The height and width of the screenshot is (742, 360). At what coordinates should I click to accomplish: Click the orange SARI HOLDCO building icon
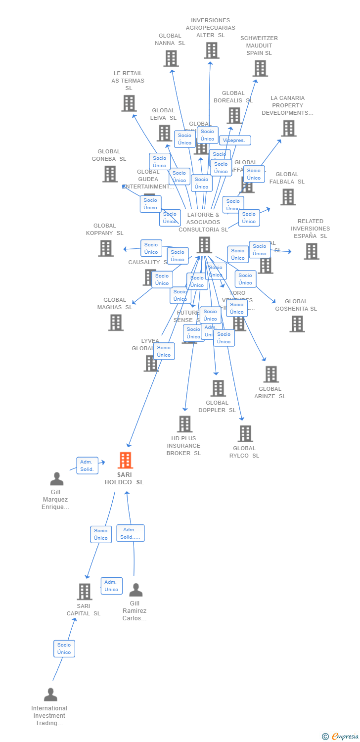(x=125, y=461)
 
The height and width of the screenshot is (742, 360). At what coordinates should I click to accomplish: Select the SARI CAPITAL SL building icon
(x=85, y=592)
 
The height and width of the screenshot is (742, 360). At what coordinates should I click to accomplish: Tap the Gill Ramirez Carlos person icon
(x=135, y=590)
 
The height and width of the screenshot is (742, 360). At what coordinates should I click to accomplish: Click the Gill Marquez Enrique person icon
(x=57, y=479)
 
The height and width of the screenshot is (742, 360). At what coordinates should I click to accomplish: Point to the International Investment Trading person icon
(x=50, y=695)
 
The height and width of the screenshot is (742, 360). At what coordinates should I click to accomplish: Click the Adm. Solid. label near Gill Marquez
(x=87, y=465)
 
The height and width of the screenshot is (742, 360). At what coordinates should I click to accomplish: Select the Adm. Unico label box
(x=111, y=586)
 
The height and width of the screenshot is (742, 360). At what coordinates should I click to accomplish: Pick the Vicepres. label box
(x=234, y=140)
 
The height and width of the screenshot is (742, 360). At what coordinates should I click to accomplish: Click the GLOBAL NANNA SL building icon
(x=171, y=58)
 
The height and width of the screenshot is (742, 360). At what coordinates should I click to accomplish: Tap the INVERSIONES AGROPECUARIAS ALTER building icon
(x=211, y=50)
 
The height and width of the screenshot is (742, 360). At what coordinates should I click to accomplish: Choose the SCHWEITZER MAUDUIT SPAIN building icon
(x=260, y=68)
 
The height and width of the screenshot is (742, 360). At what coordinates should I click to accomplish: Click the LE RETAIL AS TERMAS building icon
(x=129, y=103)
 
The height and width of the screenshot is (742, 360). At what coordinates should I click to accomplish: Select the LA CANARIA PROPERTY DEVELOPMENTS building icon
(x=288, y=128)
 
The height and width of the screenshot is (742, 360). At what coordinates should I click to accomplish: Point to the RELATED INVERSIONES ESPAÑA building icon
(x=311, y=251)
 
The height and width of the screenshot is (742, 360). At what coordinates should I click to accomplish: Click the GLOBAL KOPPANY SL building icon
(x=106, y=248)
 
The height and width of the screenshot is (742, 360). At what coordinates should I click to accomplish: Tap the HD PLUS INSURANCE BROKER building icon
(x=184, y=424)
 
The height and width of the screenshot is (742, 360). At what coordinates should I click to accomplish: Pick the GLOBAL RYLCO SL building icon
(x=245, y=434)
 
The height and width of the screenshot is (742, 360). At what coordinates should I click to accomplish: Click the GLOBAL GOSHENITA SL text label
(x=296, y=305)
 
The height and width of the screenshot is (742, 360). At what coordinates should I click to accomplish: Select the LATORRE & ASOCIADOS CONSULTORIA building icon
(x=204, y=245)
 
